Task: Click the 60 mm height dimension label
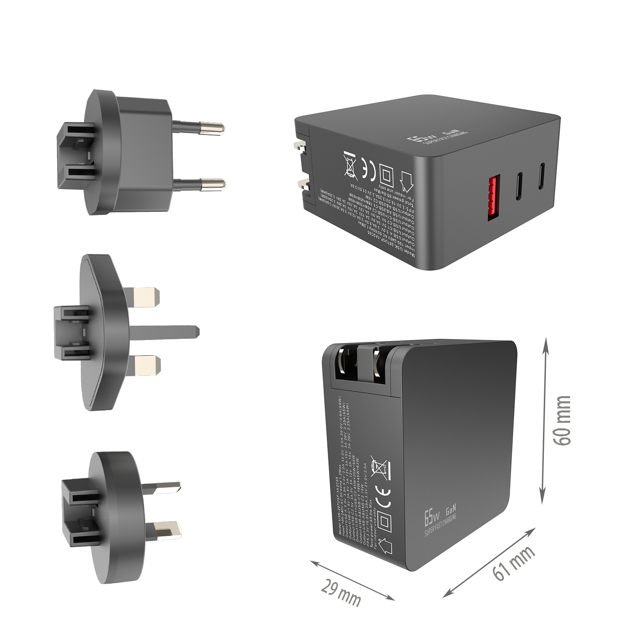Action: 562,421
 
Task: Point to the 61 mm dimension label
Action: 512,563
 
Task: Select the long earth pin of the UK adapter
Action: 167,332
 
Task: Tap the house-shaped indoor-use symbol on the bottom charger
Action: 385,546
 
